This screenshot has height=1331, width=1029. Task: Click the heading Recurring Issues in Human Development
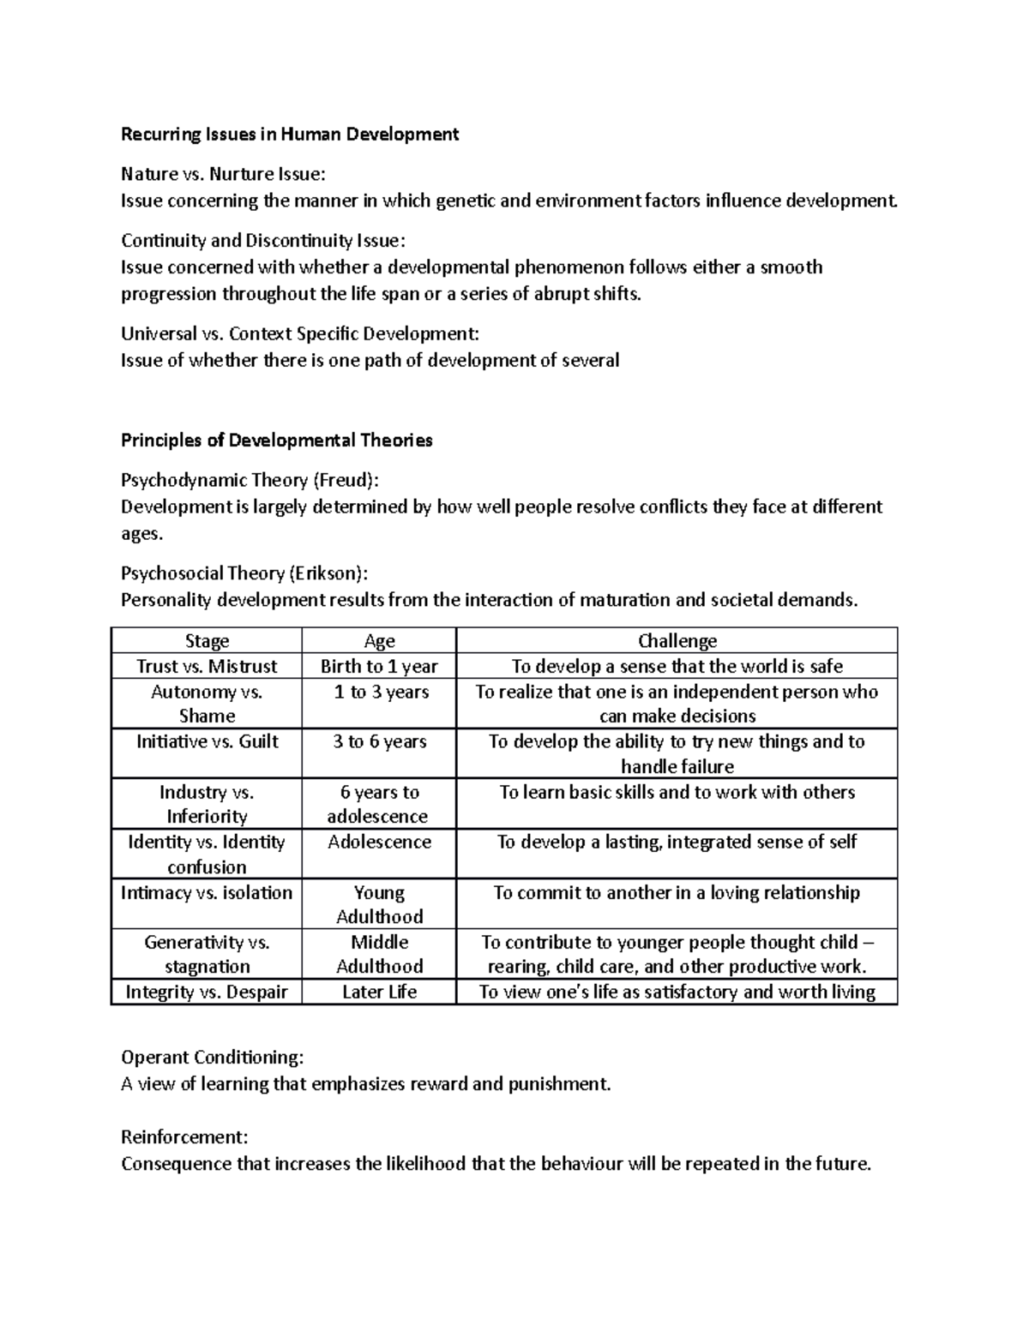click(290, 134)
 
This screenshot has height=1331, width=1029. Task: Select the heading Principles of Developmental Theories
click(276, 441)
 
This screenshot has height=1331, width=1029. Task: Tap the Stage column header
click(207, 641)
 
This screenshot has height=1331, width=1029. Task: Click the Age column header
click(379, 641)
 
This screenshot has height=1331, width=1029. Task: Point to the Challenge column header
click(677, 641)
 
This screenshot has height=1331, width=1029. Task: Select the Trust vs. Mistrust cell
click(207, 666)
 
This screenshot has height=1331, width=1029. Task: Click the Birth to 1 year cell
click(379, 666)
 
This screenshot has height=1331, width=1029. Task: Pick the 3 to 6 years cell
click(379, 742)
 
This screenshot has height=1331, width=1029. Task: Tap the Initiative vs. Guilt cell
click(207, 742)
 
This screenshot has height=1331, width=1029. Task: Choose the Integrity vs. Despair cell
click(207, 992)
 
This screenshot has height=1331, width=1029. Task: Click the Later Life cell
click(379, 992)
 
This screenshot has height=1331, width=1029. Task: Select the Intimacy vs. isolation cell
click(207, 893)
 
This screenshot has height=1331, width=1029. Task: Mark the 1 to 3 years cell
click(379, 692)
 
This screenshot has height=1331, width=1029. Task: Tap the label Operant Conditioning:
click(212, 1057)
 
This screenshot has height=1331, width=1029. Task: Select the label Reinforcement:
click(184, 1137)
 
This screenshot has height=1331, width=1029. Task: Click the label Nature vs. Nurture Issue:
click(223, 174)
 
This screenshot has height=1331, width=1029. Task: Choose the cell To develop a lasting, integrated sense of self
click(677, 842)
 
